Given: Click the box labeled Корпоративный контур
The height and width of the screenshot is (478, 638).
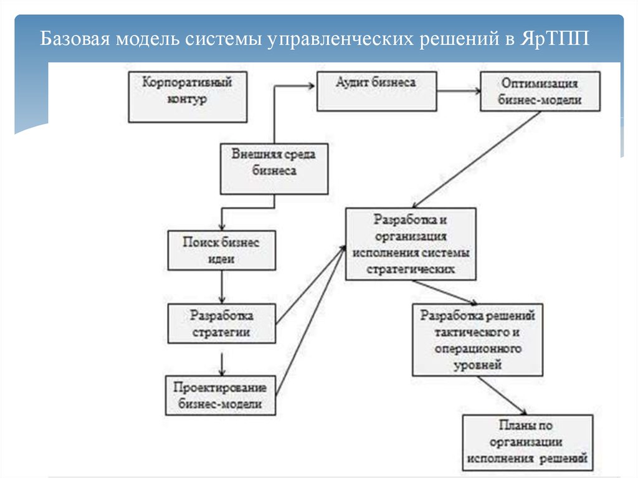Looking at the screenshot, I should click(x=187, y=97).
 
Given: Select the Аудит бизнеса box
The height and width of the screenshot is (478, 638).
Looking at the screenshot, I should click(x=376, y=91).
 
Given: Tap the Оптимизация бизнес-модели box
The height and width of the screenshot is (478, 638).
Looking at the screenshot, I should click(x=540, y=92).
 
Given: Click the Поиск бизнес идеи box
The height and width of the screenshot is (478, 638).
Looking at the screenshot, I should click(x=221, y=250).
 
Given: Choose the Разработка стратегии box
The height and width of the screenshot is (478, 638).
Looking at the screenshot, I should click(x=221, y=323).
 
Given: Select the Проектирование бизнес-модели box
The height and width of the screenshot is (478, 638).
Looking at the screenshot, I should click(x=221, y=396).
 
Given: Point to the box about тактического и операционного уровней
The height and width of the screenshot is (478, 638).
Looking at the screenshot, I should click(x=478, y=339).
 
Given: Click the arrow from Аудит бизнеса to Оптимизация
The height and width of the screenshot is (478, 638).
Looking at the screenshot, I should click(x=458, y=91).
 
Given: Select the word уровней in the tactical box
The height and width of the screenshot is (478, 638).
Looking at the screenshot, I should click(x=478, y=366).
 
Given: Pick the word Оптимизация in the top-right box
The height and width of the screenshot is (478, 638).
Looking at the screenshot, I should click(x=540, y=84).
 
